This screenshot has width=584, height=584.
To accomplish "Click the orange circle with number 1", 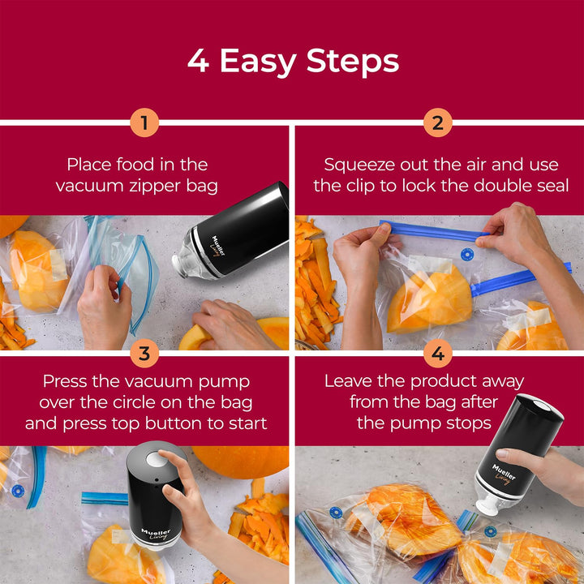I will click(x=144, y=123).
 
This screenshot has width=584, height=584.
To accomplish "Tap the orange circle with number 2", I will click(x=437, y=123).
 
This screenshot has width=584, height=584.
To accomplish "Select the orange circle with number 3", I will click(x=144, y=354).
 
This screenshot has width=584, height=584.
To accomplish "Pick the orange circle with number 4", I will click(x=437, y=354).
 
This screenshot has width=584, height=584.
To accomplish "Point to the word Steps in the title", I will click(x=359, y=62).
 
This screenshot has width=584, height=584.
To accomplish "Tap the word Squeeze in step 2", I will click(x=359, y=165).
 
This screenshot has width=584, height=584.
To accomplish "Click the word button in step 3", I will click(x=186, y=423).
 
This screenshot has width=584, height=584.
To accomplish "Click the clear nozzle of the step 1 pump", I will click(x=189, y=254).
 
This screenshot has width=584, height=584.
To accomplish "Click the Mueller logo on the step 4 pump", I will click(x=504, y=471).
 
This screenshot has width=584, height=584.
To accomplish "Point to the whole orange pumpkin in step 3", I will click(x=239, y=461).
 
